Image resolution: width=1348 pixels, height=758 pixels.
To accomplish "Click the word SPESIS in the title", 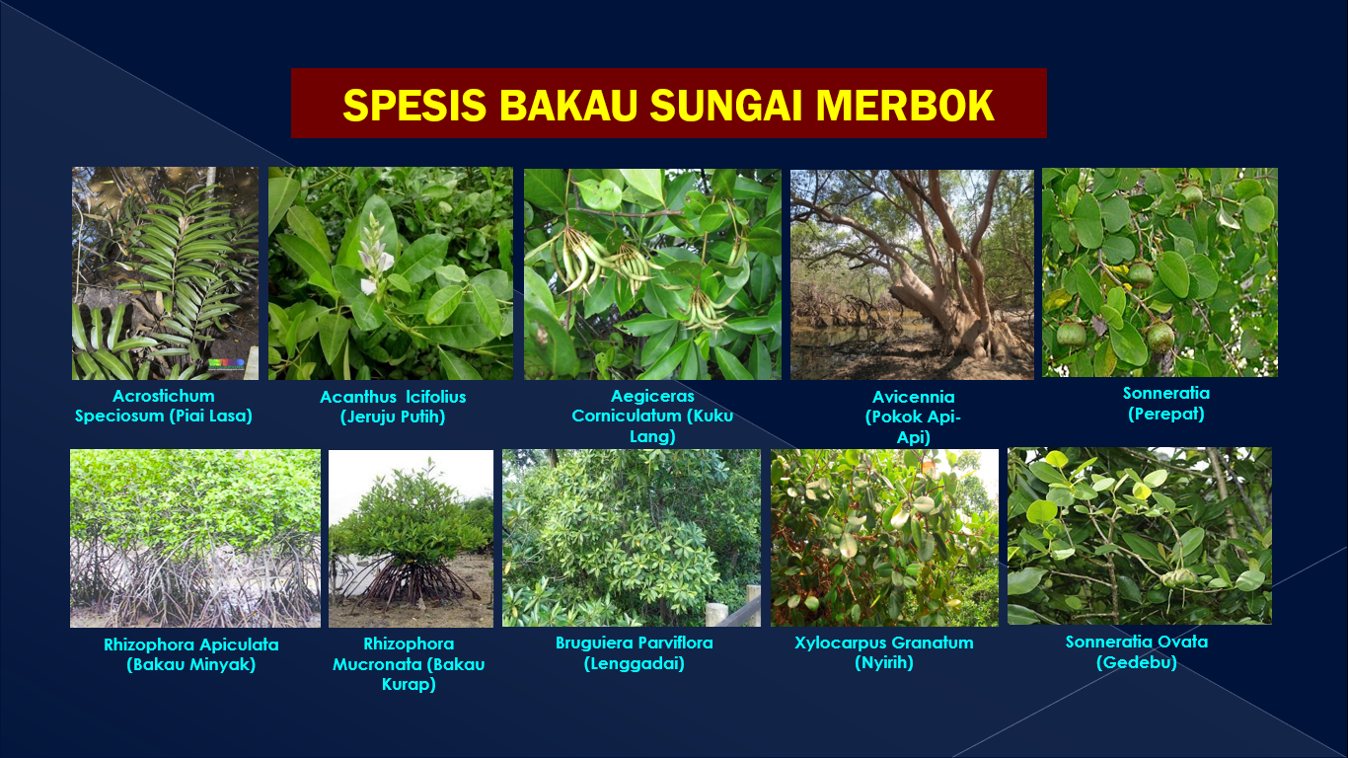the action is click(x=414, y=105).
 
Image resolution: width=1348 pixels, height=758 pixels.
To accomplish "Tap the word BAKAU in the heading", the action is click(x=567, y=105).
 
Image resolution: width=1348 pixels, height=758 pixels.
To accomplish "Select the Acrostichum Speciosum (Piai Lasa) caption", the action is click(x=164, y=406).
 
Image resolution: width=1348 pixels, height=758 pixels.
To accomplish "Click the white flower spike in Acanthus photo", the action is click(x=375, y=253).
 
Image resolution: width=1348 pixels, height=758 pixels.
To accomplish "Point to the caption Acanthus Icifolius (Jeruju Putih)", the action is click(x=393, y=407).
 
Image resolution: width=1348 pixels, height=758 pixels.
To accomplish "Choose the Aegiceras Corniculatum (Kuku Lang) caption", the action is click(x=652, y=417).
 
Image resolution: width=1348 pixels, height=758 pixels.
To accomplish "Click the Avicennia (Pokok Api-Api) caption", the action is click(x=913, y=417).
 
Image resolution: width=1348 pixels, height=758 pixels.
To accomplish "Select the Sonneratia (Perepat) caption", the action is click(x=1165, y=404).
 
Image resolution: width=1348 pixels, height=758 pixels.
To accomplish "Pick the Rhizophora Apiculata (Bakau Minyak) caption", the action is click(x=190, y=654).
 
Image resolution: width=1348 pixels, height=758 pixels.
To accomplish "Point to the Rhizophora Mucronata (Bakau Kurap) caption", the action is click(x=409, y=664).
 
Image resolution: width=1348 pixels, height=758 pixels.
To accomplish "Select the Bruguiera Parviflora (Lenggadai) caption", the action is click(x=634, y=652).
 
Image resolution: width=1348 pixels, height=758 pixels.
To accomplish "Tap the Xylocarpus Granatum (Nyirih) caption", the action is click(x=884, y=652).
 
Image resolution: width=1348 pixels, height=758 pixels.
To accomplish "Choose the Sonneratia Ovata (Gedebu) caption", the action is click(x=1136, y=652).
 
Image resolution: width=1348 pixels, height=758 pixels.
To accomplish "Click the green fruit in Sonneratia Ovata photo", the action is click(x=1176, y=578).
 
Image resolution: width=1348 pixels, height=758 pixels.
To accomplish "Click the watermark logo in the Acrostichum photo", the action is click(x=226, y=364).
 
